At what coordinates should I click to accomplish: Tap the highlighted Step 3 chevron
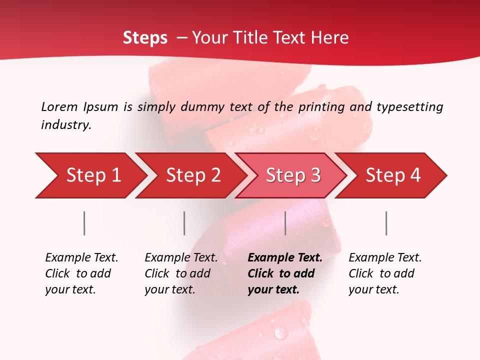pos(293,175)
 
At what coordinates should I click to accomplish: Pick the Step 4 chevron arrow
pos(393,175)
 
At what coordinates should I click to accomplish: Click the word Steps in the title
pos(145,38)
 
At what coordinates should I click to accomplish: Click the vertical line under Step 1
pos(84,223)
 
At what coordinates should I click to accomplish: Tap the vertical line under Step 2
pos(184,223)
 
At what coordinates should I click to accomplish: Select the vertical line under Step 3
pos(285,223)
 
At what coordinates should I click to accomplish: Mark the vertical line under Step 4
pos(386,223)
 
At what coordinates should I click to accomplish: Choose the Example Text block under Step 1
pos(81,273)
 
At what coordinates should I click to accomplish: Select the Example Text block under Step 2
pos(181,273)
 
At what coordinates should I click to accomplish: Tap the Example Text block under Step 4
pos(385,273)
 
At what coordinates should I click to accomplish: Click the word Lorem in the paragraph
pos(59,107)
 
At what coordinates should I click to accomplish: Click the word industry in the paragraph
pos(66,125)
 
